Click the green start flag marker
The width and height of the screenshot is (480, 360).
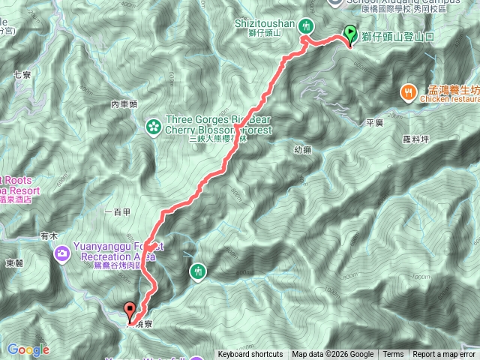(350, 33)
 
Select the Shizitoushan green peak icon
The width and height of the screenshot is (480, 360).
(306, 26)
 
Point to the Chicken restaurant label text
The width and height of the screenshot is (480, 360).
(450, 98)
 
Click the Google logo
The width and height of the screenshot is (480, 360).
(28, 349)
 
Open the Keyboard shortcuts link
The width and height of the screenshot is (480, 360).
(250, 355)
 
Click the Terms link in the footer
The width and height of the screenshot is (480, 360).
(392, 355)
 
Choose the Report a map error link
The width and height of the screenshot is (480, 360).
(443, 355)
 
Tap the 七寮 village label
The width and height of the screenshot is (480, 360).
(21, 74)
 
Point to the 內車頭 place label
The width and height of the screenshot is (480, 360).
(124, 104)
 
